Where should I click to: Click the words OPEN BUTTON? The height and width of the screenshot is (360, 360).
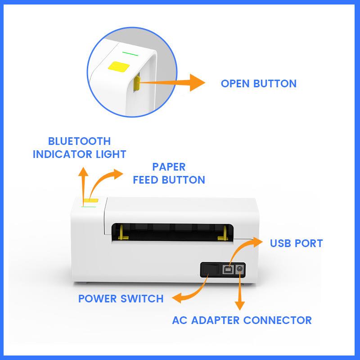pos(258,83)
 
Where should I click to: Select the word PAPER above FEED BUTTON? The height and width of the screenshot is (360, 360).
pos(169,167)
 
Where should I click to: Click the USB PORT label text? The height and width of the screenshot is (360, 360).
pos(296,243)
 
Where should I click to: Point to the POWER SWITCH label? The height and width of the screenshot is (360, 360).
pos(121,299)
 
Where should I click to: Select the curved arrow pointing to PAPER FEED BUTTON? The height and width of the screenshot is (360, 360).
pos(106,180)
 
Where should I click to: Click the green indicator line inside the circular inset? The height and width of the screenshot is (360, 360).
pos(130,53)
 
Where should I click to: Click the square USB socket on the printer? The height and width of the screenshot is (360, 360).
pos(228,270)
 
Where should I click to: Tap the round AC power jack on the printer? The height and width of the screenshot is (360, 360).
pos(239,270)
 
